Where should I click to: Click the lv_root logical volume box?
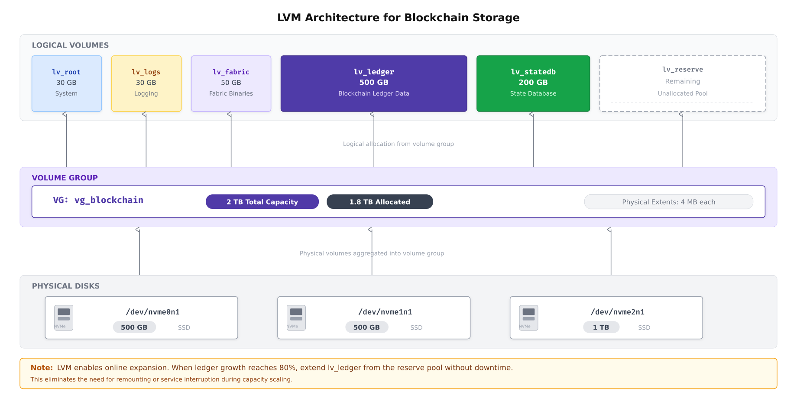[x=66, y=83]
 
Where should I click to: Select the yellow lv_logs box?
[x=146, y=83]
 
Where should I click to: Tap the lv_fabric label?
[x=231, y=72]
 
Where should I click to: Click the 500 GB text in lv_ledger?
[x=373, y=82]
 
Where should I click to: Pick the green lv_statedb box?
[x=533, y=83]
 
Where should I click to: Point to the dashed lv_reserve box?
[x=682, y=83]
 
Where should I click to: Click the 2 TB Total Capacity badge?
[x=262, y=202]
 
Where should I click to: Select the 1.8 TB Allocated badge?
[x=379, y=202]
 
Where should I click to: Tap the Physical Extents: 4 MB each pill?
[x=668, y=202]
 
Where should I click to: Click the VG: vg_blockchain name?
[x=98, y=200]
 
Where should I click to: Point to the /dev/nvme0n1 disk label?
[x=152, y=312]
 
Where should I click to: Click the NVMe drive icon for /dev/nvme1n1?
[x=296, y=318]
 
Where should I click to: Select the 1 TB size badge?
[x=601, y=327]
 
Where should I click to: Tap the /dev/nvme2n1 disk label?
[x=617, y=312]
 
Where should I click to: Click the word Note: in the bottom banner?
[x=42, y=368]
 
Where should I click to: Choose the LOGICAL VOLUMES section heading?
[x=70, y=45]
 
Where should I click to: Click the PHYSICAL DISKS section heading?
[x=66, y=286]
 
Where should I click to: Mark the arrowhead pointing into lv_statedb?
[x=532, y=114]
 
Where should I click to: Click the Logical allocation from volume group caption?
[x=398, y=144]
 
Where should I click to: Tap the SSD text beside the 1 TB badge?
[x=644, y=327]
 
